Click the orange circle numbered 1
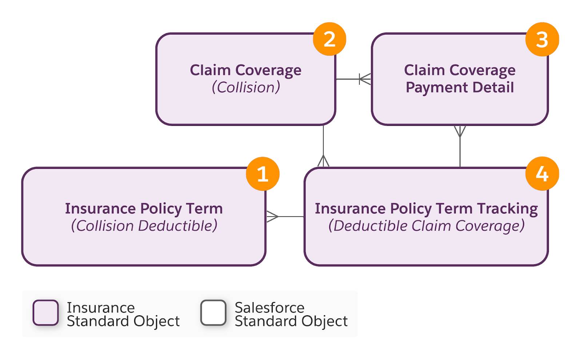(263, 174)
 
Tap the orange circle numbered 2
(329, 39)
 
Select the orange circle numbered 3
(542, 39)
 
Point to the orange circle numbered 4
(542, 174)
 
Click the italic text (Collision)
(246, 87)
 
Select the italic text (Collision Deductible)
(144, 226)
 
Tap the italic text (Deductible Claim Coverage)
(426, 226)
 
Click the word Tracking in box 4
(507, 209)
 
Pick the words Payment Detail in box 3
(460, 87)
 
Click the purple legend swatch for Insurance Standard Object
(45, 313)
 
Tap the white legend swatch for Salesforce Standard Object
(213, 313)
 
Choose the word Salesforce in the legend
(269, 308)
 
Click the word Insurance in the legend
(101, 308)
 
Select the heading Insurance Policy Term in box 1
(144, 209)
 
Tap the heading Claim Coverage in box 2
(246, 70)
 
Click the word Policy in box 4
(411, 209)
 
